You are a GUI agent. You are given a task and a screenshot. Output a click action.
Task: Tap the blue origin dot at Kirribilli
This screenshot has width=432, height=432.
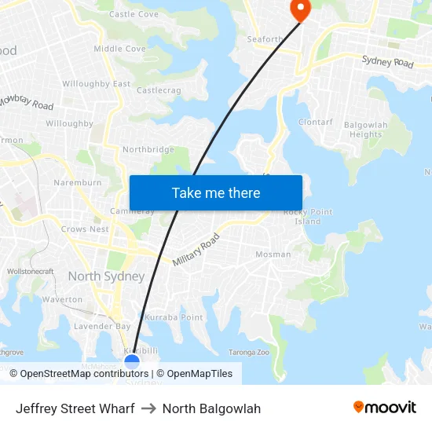tap(132, 361)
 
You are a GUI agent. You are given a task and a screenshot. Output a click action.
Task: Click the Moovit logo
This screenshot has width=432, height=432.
tap(384, 408)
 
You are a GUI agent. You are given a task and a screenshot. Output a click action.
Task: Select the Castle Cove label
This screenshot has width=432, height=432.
tap(134, 14)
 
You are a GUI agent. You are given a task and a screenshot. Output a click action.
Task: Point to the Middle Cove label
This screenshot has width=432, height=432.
tap(119, 49)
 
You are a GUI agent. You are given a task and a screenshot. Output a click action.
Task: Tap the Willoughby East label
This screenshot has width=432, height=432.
tap(96, 84)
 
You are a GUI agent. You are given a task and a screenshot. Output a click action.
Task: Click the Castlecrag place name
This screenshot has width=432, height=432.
tap(159, 91)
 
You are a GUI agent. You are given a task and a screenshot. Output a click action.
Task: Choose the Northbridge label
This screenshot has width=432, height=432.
tap(148, 149)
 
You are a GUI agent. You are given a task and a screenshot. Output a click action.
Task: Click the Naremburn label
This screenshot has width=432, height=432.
tap(78, 183)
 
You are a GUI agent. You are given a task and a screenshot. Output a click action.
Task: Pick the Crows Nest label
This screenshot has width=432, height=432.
tap(85, 229)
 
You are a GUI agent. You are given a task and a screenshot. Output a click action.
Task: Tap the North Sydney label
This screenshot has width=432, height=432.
tap(106, 276)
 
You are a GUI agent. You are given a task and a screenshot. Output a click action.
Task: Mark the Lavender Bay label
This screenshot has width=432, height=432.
tap(102, 326)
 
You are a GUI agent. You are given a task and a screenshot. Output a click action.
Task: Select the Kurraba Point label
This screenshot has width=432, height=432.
tap(174, 317)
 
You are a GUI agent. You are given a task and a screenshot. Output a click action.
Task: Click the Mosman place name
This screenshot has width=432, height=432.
tap(273, 254)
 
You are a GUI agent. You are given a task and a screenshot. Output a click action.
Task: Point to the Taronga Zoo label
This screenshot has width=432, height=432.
tap(248, 353)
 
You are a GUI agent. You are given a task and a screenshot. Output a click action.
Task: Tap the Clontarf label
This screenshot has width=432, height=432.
tap(316, 123)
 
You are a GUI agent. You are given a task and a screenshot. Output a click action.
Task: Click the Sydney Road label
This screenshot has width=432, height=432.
tap(387, 61)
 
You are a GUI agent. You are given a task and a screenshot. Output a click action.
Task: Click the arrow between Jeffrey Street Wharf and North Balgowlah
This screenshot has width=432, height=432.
tap(148, 408)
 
